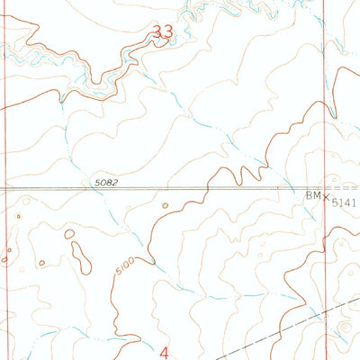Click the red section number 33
click(163, 32)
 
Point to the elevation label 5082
click(105, 184)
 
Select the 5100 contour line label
click(124, 267)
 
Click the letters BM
click(310, 195)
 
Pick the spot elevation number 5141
click(344, 204)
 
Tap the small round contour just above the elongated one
click(69, 234)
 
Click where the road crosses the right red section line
click(325, 189)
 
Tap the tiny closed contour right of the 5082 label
click(165, 205)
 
